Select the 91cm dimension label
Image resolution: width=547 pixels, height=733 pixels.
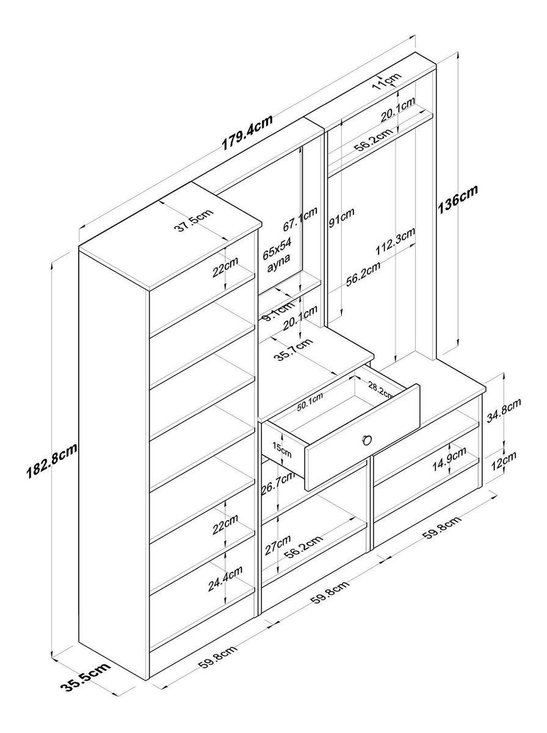click(x=342, y=219)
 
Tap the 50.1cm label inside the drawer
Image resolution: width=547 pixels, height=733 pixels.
click(x=310, y=402)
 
